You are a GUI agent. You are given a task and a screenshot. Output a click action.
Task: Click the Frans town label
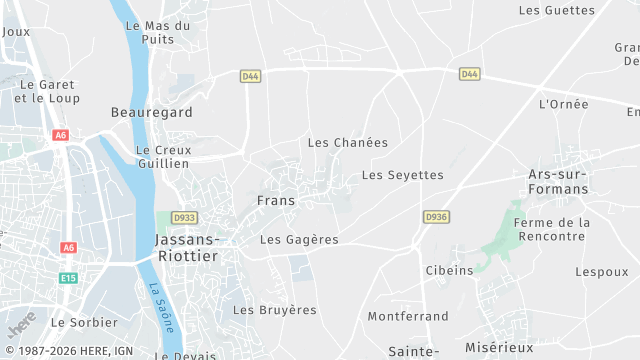pos(275,201)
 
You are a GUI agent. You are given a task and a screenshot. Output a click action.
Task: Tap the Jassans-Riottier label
pos(187,247)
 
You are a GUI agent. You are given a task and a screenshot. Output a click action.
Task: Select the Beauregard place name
pos(152,113)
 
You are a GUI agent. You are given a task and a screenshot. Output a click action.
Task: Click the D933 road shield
pos(184,217)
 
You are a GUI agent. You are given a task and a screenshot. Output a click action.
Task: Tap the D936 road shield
pos(435,216)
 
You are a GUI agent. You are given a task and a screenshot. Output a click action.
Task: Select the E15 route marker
pos(68,278)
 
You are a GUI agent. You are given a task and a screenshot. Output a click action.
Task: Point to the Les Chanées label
pos(347,143)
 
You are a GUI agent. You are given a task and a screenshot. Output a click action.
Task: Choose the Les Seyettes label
pos(402,175)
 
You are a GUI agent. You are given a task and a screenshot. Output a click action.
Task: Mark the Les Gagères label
pos(299,240)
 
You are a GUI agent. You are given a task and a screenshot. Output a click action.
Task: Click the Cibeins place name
pos(449,270)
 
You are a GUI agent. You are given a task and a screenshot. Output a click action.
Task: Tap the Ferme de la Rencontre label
pos(551,229)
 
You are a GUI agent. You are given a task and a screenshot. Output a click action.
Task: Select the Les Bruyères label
pos(274,310)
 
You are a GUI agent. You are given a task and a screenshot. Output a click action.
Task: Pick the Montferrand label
pos(408,316)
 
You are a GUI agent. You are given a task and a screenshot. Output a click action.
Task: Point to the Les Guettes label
pos(557,10)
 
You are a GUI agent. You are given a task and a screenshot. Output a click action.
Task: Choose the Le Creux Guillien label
pos(162,156)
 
